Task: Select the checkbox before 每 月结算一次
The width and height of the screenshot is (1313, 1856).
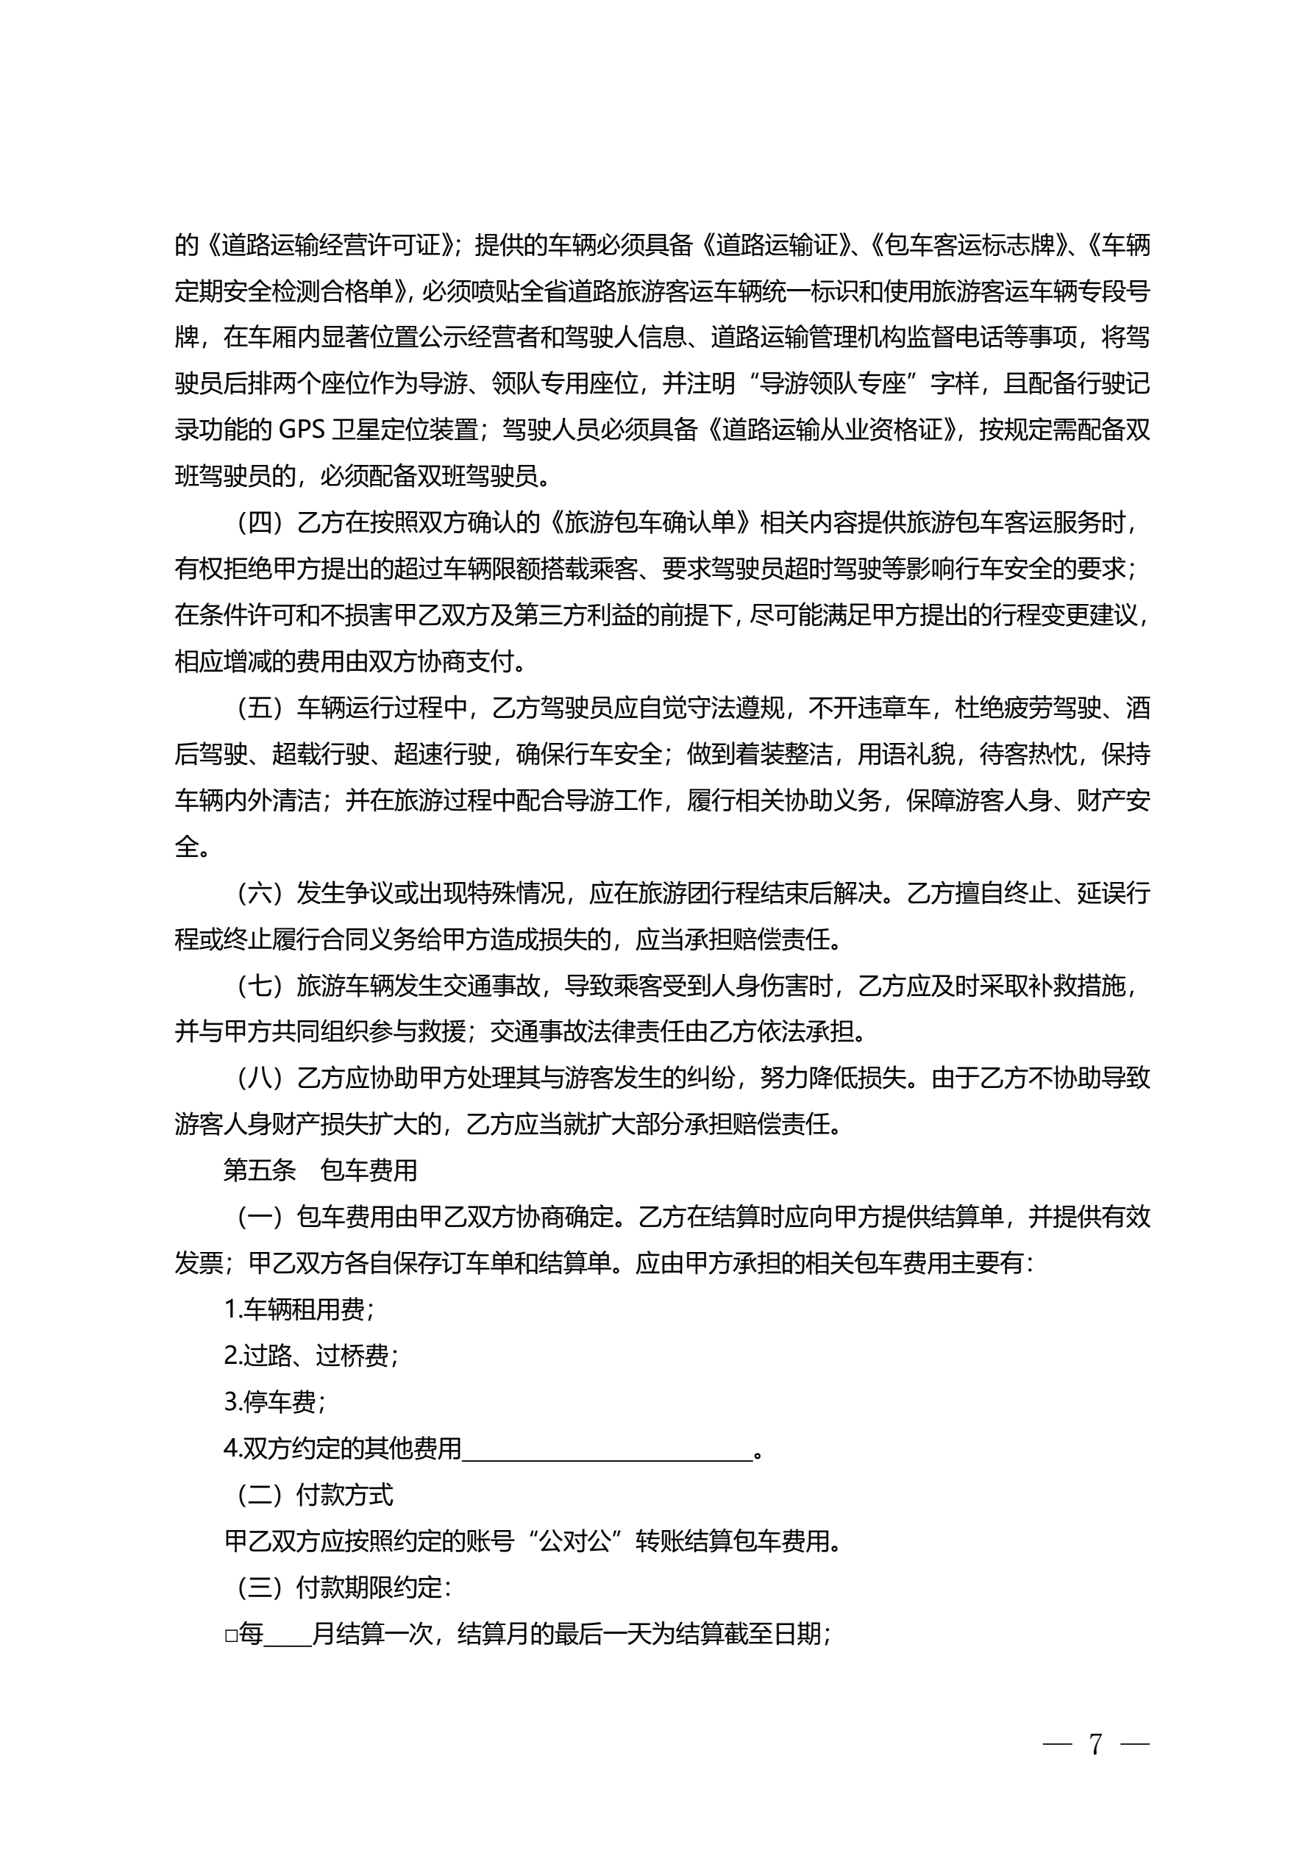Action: [x=230, y=1635]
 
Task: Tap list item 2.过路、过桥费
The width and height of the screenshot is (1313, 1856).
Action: [x=310, y=1356]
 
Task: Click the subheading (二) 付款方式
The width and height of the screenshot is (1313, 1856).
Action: [x=315, y=1495]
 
